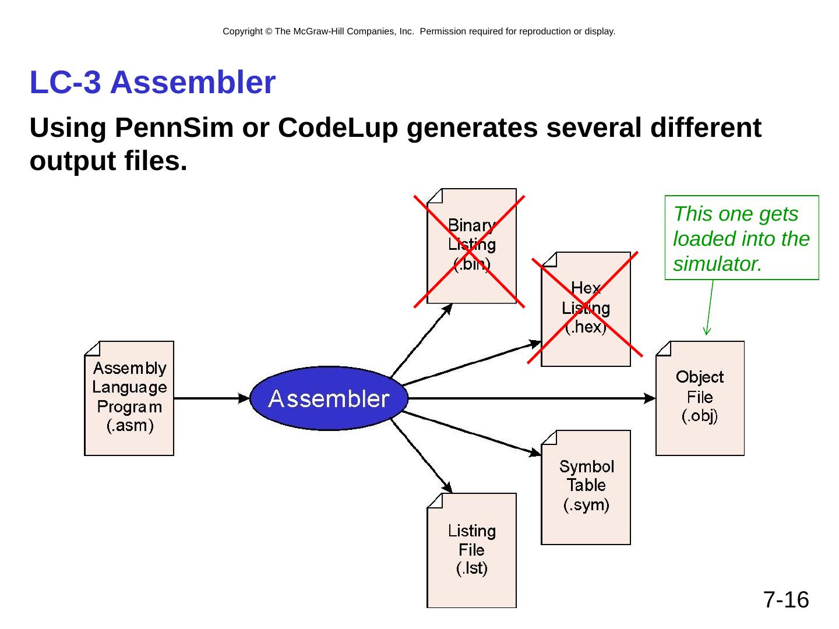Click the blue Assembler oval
[329, 398]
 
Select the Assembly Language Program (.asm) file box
[129, 398]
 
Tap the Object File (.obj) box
[700, 398]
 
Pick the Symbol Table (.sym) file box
[586, 487]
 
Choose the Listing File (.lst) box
[471, 550]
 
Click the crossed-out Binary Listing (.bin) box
[471, 246]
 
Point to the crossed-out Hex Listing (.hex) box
[586, 309]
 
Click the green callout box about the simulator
[742, 238]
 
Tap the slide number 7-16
[786, 599]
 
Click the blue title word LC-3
[65, 82]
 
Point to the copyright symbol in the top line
[269, 31]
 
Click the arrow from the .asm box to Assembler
[211, 398]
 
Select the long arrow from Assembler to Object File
[532, 398]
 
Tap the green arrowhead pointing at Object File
[707, 330]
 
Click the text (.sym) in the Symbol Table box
[586, 505]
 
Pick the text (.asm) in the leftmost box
[130, 425]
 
